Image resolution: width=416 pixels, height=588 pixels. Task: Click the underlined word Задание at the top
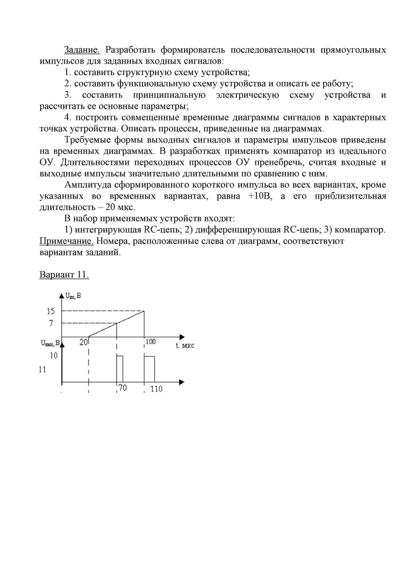82,50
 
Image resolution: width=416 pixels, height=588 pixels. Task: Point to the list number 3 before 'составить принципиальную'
67,95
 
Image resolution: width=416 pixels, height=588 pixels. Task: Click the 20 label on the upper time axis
84,342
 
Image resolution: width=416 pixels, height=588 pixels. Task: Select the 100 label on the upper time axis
151,342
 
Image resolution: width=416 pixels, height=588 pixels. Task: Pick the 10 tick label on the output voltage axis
54,356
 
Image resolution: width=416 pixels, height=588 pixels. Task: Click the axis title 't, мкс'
185,346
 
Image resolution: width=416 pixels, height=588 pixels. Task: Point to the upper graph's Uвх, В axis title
73,296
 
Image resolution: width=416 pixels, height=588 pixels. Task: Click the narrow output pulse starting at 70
120,369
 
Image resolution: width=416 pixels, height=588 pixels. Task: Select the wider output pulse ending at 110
149,369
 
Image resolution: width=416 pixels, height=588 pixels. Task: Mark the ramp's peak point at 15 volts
144,311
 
